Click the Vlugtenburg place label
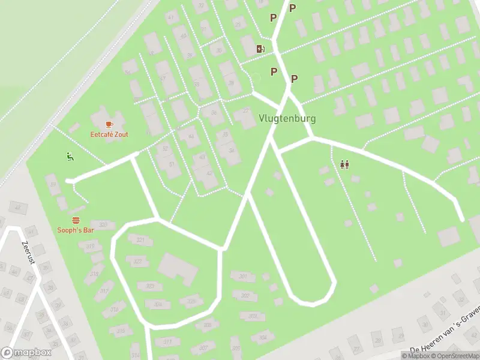pyautogui.click(x=287, y=119)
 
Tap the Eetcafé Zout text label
pyautogui.click(x=109, y=134)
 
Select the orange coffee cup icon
pyautogui.click(x=109, y=124)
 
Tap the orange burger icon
pyautogui.click(x=76, y=220)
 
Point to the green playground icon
pyautogui.click(x=70, y=157)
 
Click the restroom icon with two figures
pyautogui.click(x=344, y=164)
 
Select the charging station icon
pyautogui.click(x=260, y=49)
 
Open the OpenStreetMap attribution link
pyautogui.click(x=454, y=356)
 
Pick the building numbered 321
pyautogui.click(x=140, y=240)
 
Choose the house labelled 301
pyautogui.click(x=243, y=277)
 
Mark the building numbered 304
pyautogui.click(x=158, y=304)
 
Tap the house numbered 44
pyautogui.click(x=191, y=137)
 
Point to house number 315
pyautogui.click(x=121, y=331)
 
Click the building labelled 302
pyautogui.click(x=245, y=296)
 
